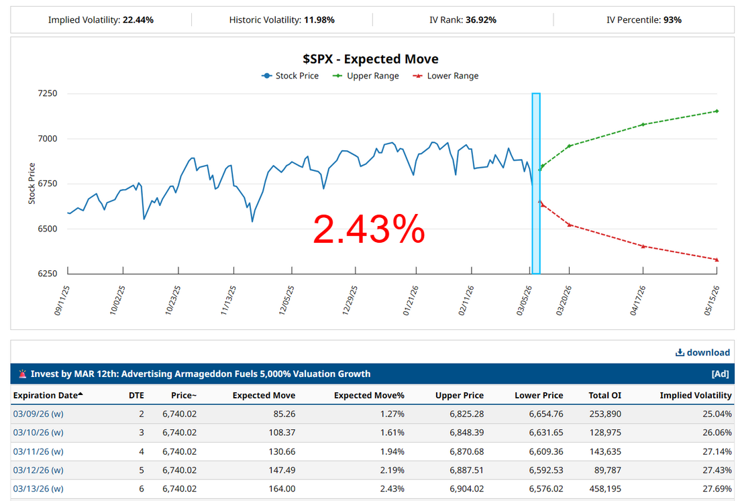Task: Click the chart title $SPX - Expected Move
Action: pos(371,59)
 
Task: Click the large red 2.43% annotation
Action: pos(368,230)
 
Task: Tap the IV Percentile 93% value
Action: pos(672,20)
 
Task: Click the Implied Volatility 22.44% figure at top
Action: pos(138,20)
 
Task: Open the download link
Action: pos(702,352)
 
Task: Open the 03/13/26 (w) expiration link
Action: pos(38,489)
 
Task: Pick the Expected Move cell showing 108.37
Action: pos(281,433)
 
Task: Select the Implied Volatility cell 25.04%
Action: pos(714,414)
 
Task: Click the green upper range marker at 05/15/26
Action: pos(717,111)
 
